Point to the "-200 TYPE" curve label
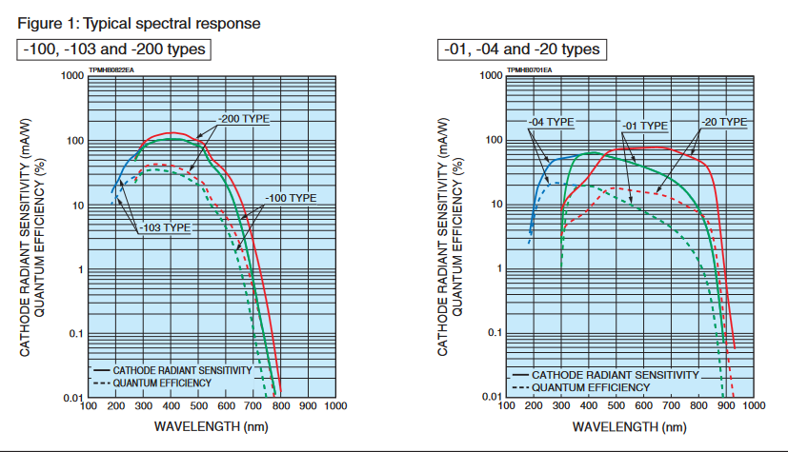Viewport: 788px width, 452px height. point(244,119)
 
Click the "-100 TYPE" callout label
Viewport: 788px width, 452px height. point(291,198)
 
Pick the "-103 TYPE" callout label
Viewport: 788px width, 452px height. point(166,227)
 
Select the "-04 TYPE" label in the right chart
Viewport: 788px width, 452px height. point(552,122)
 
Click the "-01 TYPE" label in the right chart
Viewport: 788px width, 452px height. point(645,126)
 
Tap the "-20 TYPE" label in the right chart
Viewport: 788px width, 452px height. point(723,122)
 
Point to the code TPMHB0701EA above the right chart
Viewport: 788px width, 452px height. point(529,69)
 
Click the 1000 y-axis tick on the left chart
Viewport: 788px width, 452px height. point(71,75)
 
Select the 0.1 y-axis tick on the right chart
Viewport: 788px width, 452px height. point(492,333)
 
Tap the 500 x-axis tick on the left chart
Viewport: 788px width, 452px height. point(197,406)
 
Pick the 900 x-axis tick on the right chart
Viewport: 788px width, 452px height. point(725,406)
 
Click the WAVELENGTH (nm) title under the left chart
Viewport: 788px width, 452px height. point(211,425)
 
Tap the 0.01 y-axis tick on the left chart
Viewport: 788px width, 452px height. point(72,397)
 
